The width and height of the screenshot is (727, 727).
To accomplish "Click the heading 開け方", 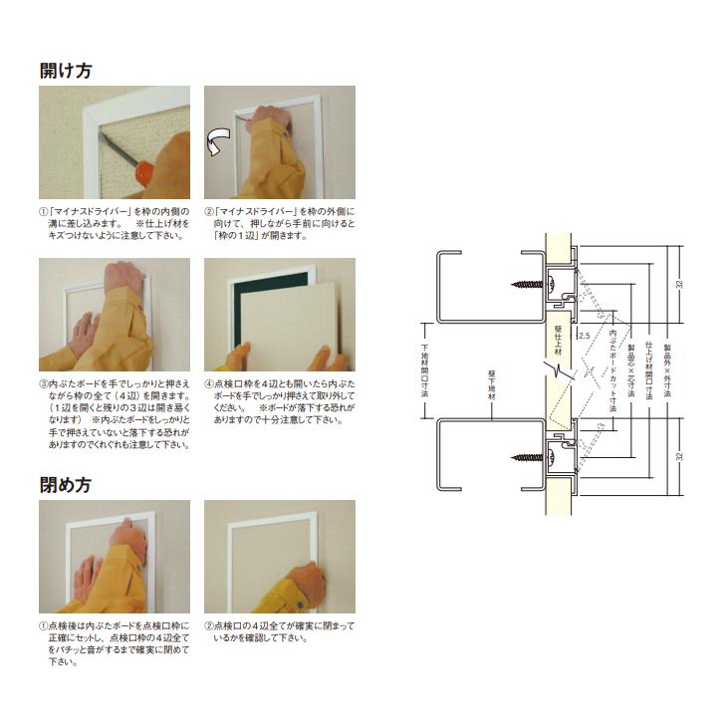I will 66,71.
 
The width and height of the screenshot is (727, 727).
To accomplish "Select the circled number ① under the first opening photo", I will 43,212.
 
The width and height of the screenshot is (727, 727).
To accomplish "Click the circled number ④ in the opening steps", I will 209,383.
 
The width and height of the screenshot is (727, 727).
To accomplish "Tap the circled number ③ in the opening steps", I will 43,383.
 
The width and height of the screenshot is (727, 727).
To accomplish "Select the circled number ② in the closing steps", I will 209,625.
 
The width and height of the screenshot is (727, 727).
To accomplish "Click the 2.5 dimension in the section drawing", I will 584,336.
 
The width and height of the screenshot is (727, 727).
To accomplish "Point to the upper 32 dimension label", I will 679,283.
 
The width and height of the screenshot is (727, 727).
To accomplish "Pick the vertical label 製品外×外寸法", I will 666,368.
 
